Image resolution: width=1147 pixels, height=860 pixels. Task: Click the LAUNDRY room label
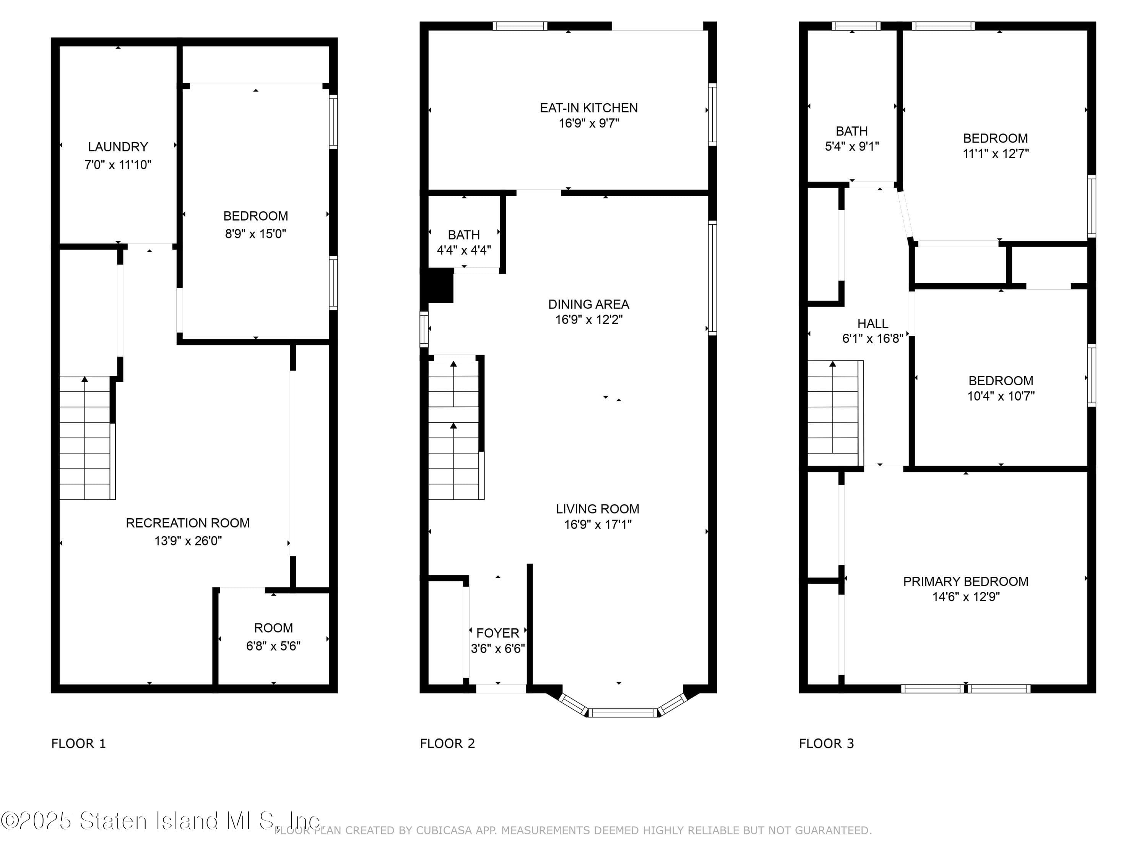[x=118, y=147]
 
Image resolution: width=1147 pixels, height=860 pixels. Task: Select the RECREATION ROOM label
[x=188, y=523]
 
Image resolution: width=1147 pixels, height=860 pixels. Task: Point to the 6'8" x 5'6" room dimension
[x=273, y=646]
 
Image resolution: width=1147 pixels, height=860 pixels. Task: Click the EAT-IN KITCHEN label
[x=588, y=108]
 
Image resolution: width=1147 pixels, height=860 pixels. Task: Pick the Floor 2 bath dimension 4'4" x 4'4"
[x=463, y=250]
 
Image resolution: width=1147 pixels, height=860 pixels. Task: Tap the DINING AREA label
[x=588, y=304]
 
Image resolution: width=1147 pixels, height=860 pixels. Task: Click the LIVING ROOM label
[x=597, y=509]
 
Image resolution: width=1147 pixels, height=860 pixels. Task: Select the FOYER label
[x=497, y=633]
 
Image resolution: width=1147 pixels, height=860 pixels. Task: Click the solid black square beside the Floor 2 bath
[x=440, y=285]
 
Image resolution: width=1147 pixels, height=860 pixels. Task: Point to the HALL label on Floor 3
[x=873, y=323]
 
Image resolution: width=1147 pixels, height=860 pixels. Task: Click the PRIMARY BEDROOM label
[x=965, y=582]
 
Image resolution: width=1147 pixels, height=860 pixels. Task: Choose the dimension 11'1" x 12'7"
[x=996, y=153]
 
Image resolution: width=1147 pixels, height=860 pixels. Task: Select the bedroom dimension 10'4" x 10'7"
[x=1001, y=396]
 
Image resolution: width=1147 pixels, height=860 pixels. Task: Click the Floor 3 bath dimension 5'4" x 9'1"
[x=852, y=147]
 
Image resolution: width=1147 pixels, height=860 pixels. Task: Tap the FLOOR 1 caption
[x=78, y=743]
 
